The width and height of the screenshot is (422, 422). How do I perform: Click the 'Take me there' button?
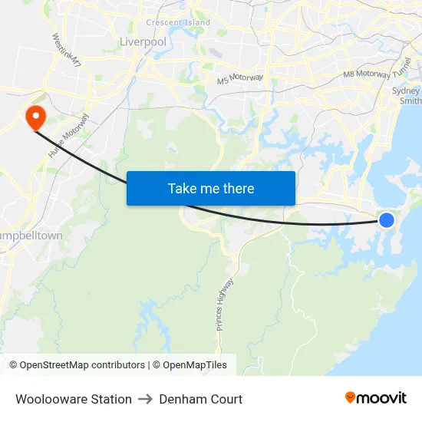(211, 188)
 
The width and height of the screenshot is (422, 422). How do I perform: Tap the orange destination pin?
(35, 117)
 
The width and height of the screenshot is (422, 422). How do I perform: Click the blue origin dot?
(387, 220)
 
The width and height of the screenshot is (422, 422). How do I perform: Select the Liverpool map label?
(143, 41)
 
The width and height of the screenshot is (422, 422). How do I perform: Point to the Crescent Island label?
(178, 22)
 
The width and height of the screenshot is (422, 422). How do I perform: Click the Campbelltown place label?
(31, 236)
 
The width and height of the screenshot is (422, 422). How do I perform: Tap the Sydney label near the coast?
(406, 91)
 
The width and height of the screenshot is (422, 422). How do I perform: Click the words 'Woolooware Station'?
(74, 399)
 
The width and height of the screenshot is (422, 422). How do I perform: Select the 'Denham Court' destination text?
(201, 399)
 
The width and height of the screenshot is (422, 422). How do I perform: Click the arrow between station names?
(146, 399)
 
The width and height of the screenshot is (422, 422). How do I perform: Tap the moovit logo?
(376, 397)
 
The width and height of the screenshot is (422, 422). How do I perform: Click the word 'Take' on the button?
(183, 188)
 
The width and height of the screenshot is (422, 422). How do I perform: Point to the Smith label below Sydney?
(410, 101)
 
